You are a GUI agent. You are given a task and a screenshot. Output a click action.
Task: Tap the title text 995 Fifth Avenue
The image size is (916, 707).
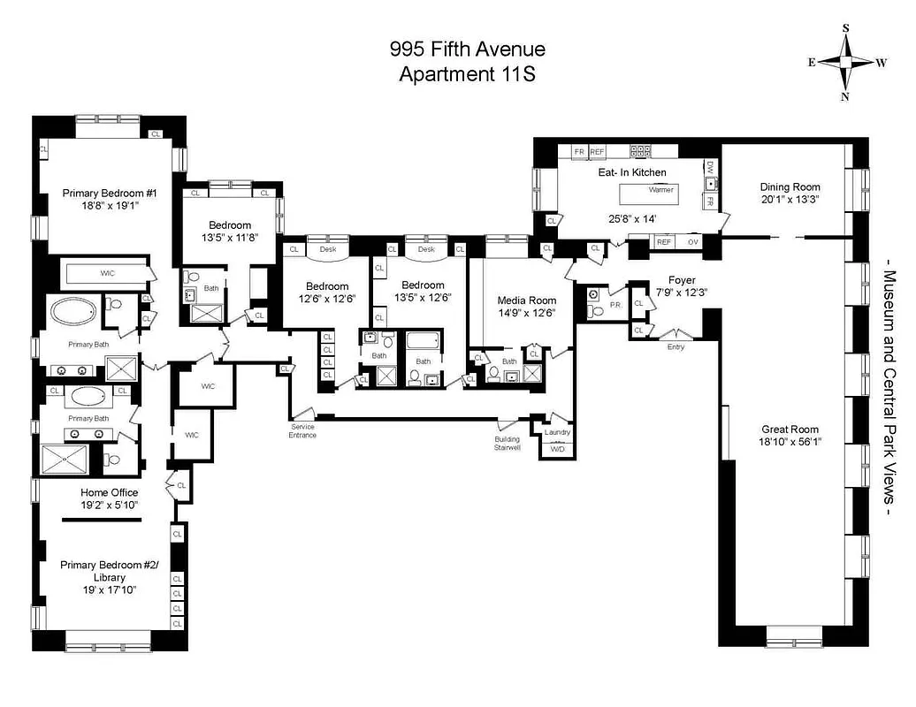[x=468, y=49]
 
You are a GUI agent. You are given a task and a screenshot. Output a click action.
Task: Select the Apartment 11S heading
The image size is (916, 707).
[x=468, y=74]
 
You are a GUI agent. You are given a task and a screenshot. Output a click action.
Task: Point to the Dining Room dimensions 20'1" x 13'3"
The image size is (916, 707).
[x=790, y=200]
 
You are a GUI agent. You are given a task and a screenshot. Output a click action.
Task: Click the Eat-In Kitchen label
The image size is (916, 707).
[x=631, y=172]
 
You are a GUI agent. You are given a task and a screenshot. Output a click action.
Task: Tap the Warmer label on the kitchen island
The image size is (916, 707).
[x=660, y=190]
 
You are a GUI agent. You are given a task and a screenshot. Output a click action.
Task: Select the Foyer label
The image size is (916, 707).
[x=682, y=280]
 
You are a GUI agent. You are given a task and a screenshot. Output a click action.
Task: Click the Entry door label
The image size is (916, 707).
[x=676, y=346]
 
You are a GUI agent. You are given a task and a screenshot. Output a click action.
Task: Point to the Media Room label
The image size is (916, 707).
[x=527, y=300]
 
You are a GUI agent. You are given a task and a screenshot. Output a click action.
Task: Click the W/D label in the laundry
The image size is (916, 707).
[x=557, y=450]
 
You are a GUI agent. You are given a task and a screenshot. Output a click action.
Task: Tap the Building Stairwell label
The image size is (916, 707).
[x=508, y=443]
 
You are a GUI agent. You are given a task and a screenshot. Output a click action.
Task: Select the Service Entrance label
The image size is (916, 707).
[x=302, y=430]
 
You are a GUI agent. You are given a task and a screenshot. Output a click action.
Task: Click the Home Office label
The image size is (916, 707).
[x=109, y=492]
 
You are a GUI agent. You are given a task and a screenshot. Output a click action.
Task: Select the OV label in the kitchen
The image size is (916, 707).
[x=692, y=241]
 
